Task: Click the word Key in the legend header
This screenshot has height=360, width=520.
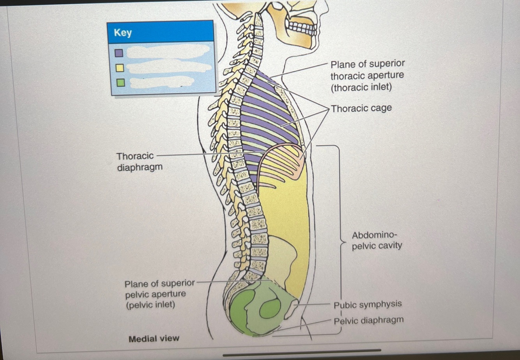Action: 123,33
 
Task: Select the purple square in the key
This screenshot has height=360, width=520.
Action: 119,53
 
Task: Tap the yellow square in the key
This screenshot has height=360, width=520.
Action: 119,68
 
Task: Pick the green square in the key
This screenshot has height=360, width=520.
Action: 120,83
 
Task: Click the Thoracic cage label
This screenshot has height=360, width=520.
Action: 361,108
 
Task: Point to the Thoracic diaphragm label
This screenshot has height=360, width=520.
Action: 139,161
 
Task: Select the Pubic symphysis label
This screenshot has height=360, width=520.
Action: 368,304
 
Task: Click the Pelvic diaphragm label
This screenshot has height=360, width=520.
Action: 368,321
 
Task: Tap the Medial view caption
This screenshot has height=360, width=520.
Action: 154,339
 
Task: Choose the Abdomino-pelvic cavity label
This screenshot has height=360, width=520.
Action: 377,240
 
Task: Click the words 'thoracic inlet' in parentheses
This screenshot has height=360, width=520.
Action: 361,87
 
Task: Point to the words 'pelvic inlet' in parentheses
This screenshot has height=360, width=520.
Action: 150,304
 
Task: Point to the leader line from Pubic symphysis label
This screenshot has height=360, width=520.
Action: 316,304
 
